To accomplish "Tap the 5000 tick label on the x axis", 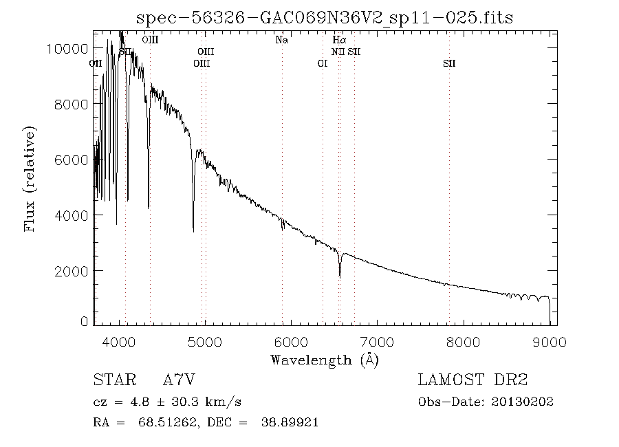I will (x=206, y=342).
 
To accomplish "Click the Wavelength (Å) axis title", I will (x=325, y=359).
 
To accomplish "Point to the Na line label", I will (x=281, y=41).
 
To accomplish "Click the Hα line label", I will (x=339, y=41).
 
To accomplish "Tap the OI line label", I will (x=322, y=64).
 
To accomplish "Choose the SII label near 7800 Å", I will (x=449, y=64).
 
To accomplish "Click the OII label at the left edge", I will (x=96, y=64).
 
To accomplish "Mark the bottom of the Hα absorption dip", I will (x=340, y=277).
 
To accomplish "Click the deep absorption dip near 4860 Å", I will (x=193, y=231).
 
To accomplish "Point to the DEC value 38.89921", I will (x=290, y=423).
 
